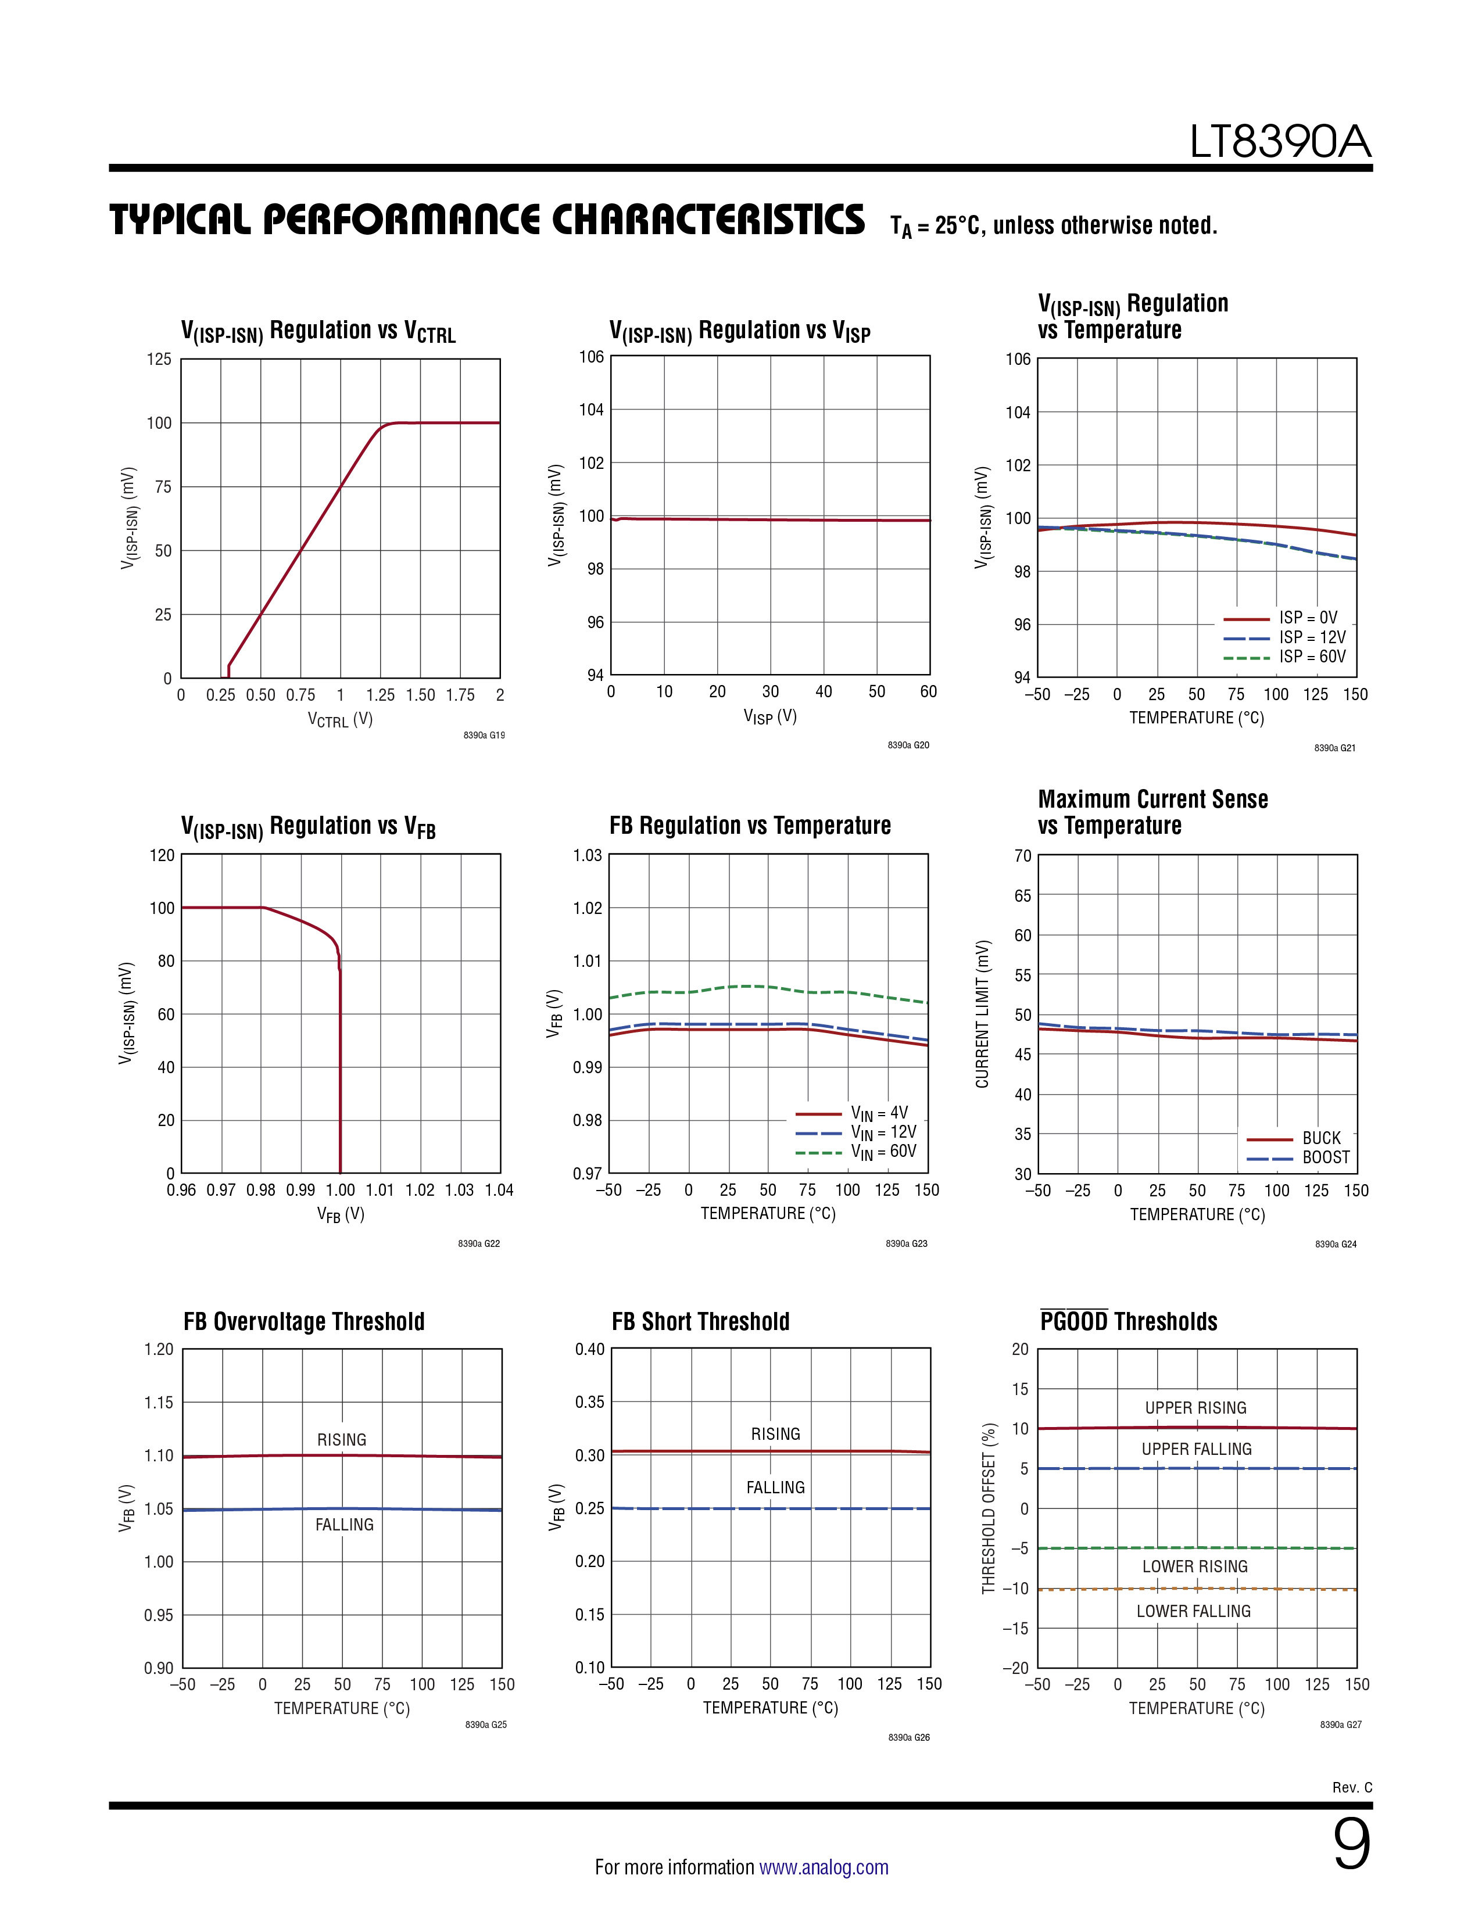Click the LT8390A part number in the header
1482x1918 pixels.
1280,142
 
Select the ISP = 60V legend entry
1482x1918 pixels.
1285,657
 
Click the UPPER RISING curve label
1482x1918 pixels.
1195,1408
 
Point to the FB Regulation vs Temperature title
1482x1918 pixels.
750,826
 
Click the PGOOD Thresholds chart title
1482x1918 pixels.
1129,1321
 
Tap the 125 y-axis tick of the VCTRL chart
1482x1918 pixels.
159,359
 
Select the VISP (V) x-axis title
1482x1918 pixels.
771,716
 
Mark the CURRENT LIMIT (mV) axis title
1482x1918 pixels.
983,1014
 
